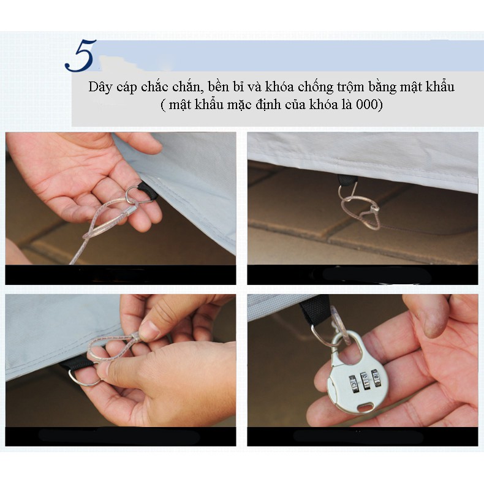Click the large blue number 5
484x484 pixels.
(x=80, y=56)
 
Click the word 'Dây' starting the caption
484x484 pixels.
(x=100, y=87)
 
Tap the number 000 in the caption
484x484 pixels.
(x=367, y=105)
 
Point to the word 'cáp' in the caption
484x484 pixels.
(x=127, y=88)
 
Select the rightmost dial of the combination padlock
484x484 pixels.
(x=375, y=378)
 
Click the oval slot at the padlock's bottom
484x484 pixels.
(x=366, y=407)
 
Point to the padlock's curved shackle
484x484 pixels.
(x=350, y=343)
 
